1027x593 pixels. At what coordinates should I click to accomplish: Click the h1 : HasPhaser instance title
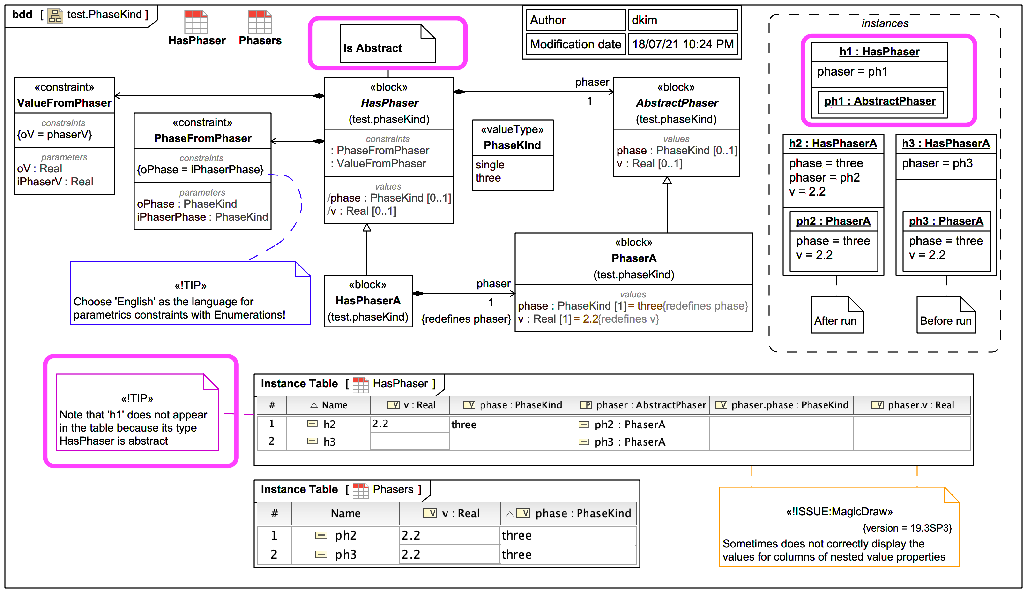879,52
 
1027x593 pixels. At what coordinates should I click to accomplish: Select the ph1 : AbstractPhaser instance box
880,101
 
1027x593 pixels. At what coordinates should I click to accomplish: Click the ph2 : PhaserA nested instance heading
833,221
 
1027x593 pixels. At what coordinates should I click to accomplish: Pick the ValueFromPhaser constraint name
64,103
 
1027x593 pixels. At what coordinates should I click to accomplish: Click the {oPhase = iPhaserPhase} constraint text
200,169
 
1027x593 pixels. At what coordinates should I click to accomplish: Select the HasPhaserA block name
368,301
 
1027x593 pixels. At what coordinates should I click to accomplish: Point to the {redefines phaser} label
466,319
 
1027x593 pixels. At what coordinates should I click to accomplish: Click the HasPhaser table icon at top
196,23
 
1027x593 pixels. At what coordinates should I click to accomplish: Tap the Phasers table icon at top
260,23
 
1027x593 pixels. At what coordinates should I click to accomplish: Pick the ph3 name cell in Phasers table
345,554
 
